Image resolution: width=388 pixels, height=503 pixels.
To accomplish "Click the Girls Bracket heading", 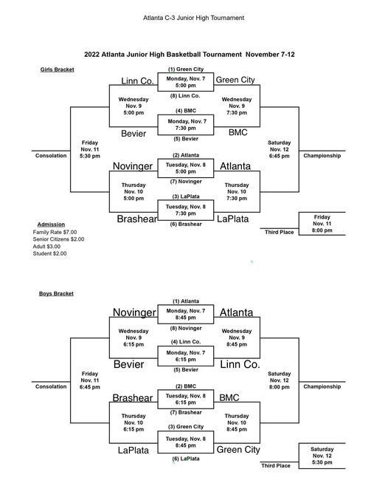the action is (57, 69).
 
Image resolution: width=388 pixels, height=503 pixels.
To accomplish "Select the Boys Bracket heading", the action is (56, 293).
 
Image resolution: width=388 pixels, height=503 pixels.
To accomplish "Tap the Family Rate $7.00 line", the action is (55, 232).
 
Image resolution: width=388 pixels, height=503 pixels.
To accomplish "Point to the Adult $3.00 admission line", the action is (46, 247).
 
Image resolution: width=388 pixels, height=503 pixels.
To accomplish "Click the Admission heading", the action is (51, 225).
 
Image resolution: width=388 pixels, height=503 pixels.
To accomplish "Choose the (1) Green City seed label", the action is (186, 69).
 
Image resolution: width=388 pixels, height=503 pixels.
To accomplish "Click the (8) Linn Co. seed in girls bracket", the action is (185, 95).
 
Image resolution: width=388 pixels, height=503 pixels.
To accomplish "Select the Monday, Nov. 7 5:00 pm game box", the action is (185, 82).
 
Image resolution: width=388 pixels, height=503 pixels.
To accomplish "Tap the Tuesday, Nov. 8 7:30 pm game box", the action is (185, 210).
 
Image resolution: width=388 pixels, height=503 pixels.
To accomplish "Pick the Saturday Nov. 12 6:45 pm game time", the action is (279, 149).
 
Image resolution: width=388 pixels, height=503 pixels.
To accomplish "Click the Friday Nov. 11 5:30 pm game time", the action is (90, 149).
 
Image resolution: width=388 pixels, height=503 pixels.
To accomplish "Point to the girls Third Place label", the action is (279, 232).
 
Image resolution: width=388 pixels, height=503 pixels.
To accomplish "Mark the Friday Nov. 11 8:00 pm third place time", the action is (322, 224).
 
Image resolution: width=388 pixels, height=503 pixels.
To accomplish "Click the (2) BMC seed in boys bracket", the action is (186, 386).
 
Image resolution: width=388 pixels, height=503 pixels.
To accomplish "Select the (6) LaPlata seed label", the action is (186, 459).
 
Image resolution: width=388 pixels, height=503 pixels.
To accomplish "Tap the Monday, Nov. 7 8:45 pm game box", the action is (185, 315).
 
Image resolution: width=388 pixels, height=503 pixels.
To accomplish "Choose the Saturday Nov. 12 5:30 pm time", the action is (322, 456).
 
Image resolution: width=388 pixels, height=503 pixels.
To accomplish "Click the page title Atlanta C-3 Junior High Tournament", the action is (193, 18).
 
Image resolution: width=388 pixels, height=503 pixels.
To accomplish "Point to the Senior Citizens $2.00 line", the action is (58, 239).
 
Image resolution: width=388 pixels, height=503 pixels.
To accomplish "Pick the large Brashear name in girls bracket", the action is (136, 219).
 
